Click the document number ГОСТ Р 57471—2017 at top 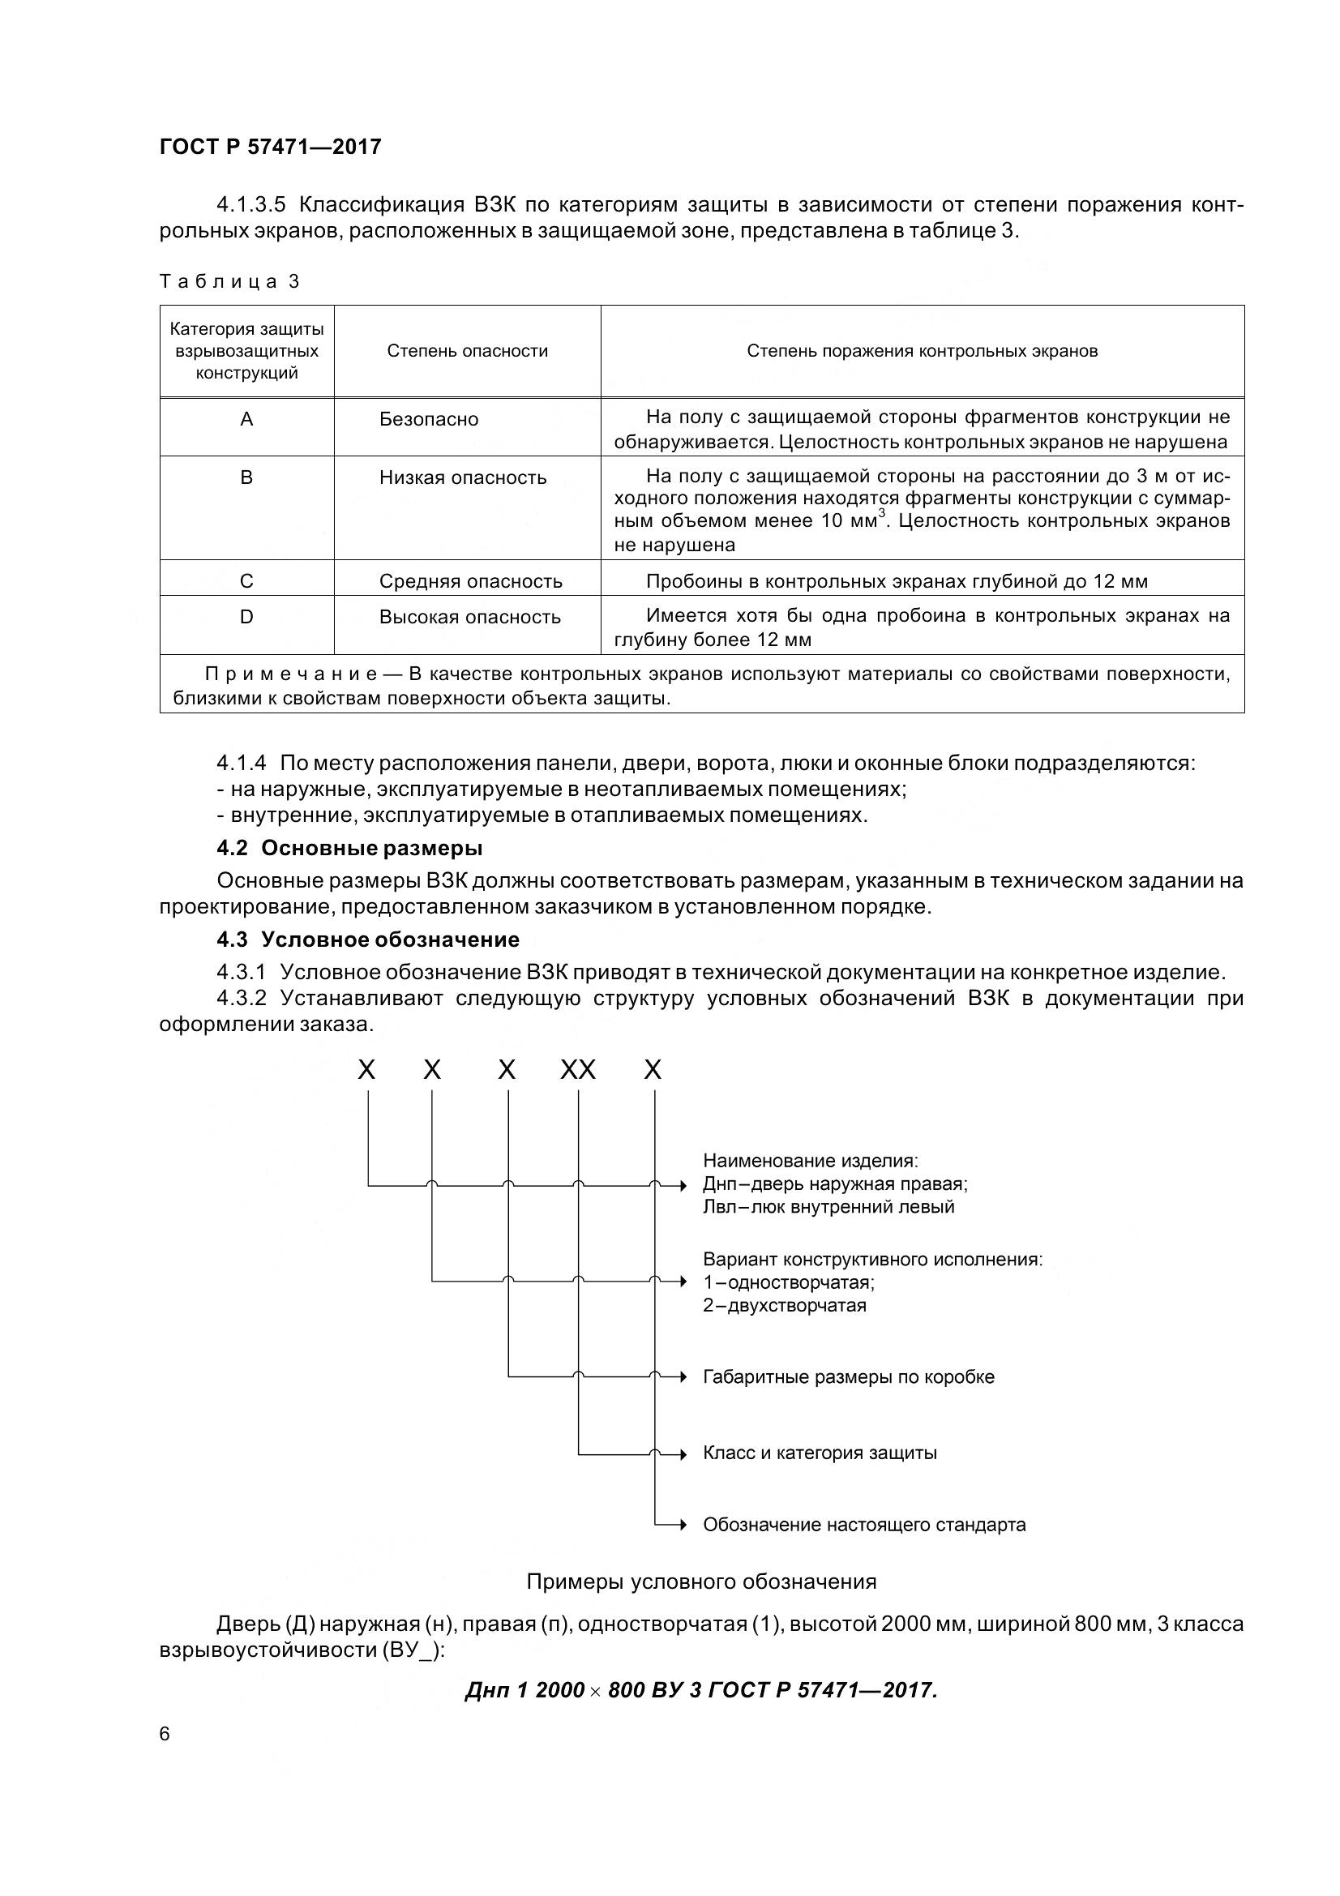coord(270,147)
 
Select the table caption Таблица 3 coord(229,281)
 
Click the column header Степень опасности coord(467,351)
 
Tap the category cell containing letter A coord(246,420)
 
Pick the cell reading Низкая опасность coord(462,477)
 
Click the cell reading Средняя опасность coord(471,581)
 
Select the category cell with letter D coord(246,617)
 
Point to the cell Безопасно coord(429,420)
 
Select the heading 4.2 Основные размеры coord(349,848)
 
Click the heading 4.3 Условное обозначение coord(367,939)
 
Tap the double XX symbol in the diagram coord(578,1070)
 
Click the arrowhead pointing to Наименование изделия coord(682,1186)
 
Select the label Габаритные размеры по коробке coord(848,1376)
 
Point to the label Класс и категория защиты coord(819,1453)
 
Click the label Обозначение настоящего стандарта coord(863,1525)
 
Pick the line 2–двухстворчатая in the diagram coord(784,1306)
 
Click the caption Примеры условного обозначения coord(701,1581)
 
